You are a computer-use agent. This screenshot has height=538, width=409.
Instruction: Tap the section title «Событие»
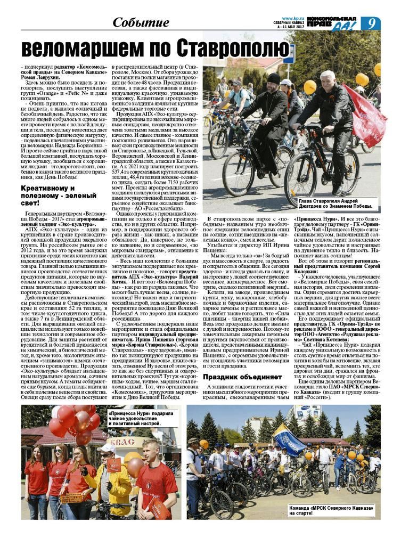[141, 22]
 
